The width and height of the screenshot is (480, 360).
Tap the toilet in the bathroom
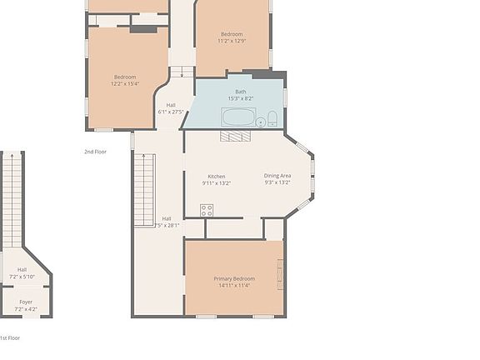pyautogui.click(x=272, y=118)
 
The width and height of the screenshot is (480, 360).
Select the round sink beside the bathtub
pyautogui.click(x=260, y=122)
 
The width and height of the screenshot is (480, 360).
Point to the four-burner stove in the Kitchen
pyautogui.click(x=206, y=210)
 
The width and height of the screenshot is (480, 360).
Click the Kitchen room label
pyautogui.click(x=217, y=176)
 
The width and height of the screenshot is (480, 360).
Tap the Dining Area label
pyautogui.click(x=277, y=176)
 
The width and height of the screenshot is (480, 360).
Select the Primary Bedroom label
pyautogui.click(x=234, y=278)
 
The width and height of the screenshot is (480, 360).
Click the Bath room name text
pyautogui.click(x=241, y=92)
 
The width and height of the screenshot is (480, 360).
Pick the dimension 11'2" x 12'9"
pyautogui.click(x=232, y=41)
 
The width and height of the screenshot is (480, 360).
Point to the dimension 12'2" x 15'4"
pyautogui.click(x=125, y=83)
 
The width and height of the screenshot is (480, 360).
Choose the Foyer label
pyautogui.click(x=26, y=302)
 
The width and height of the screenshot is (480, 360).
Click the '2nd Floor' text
pyautogui.click(x=95, y=152)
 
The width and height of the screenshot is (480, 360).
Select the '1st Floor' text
pyautogui.click(x=9, y=337)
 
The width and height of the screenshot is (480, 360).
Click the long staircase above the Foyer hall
pyautogui.click(x=12, y=200)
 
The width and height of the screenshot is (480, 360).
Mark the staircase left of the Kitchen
pyautogui.click(x=144, y=190)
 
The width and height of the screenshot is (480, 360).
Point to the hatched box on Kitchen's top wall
pyautogui.click(x=235, y=135)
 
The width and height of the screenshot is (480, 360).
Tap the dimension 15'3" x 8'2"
pyautogui.click(x=241, y=98)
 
